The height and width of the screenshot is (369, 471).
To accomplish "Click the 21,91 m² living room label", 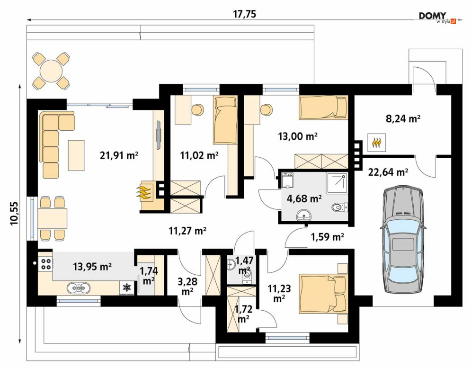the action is tap(119, 155).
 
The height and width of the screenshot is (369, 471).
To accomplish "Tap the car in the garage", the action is tap(402, 240).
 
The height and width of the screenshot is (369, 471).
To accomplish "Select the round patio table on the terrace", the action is tap(52, 71).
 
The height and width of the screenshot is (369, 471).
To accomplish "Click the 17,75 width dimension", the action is tap(245, 14).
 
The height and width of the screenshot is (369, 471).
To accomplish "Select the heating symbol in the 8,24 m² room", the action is tap(377, 143).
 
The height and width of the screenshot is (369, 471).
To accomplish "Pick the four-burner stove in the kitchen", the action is tap(45, 263).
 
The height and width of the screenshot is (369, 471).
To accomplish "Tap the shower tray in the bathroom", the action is tap(337, 182).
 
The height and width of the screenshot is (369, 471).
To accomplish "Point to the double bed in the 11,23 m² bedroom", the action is tap(323, 294).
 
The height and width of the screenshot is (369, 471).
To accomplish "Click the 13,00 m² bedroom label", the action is tap(298, 136).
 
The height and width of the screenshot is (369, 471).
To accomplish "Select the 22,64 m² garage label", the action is tap(388, 172).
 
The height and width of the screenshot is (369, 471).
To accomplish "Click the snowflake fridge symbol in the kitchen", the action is tap(127, 288).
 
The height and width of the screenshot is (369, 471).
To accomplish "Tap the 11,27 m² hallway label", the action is tap(187, 231).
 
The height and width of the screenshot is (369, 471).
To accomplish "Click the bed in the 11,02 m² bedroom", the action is tap(226, 120).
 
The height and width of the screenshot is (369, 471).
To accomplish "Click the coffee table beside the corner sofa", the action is tap(76, 155).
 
